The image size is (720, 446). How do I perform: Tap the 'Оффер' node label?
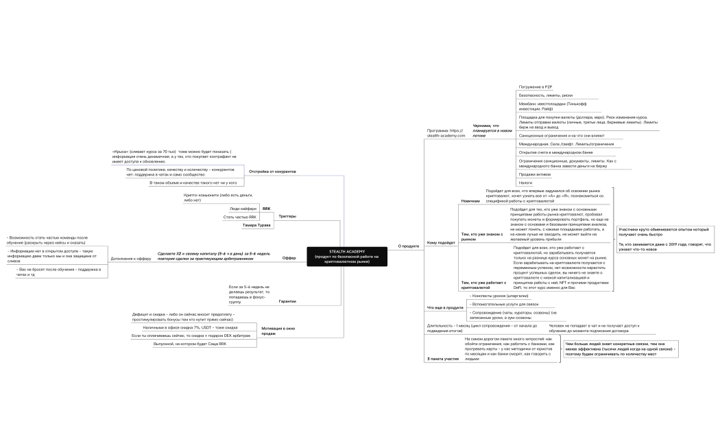click(x=289, y=257)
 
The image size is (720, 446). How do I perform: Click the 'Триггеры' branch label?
click(x=287, y=216)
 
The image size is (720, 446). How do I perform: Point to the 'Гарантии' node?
click(x=287, y=301)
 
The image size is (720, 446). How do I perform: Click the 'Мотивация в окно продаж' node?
click(x=278, y=331)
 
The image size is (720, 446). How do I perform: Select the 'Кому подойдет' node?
click(x=440, y=243)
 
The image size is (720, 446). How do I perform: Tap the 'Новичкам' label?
click(x=470, y=201)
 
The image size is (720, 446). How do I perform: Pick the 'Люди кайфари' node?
click(x=243, y=208)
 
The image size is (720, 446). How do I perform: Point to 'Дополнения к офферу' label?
click(x=131, y=258)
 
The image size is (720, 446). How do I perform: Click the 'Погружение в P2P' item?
click(x=537, y=88)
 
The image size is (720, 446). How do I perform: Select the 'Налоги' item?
click(x=525, y=183)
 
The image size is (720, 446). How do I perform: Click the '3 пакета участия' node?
click(x=442, y=359)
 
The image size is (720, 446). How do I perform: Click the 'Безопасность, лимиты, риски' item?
click(x=546, y=95)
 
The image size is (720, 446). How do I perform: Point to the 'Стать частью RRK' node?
click(x=239, y=217)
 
